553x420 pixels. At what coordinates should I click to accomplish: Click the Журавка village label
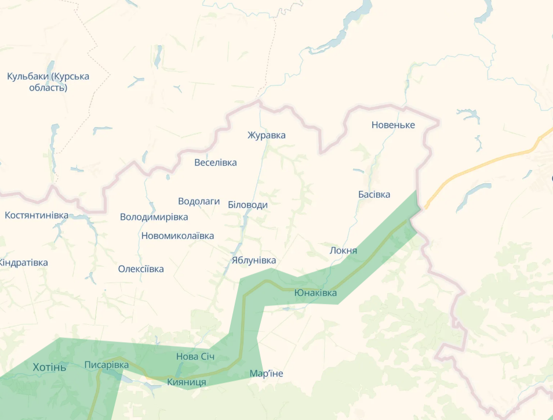pyautogui.click(x=266, y=135)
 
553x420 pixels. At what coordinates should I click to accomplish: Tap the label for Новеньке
pyautogui.click(x=393, y=125)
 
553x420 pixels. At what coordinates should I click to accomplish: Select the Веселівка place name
pyautogui.click(x=216, y=162)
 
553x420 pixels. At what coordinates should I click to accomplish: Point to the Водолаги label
pyautogui.click(x=199, y=201)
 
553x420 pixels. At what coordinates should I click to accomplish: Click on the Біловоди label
pyautogui.click(x=248, y=205)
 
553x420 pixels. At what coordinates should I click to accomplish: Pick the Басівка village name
pyautogui.click(x=374, y=194)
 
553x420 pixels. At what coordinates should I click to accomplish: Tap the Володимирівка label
pyautogui.click(x=154, y=217)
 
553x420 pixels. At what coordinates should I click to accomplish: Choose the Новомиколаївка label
pyautogui.click(x=177, y=236)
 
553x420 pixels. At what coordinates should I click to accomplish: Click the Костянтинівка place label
pyautogui.click(x=37, y=215)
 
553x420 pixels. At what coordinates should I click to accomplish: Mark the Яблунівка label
pyautogui.click(x=253, y=260)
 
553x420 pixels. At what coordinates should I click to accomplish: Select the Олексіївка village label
pyautogui.click(x=141, y=269)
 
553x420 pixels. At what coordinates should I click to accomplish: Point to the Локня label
pyautogui.click(x=343, y=251)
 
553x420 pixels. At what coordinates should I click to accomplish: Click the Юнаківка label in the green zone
pyautogui.click(x=315, y=292)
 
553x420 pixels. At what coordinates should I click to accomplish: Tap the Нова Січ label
pyautogui.click(x=195, y=356)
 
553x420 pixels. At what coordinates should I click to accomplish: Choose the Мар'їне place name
pyautogui.click(x=266, y=373)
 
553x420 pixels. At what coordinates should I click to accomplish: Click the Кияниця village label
pyautogui.click(x=186, y=382)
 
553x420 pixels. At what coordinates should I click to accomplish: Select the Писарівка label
pyautogui.click(x=107, y=365)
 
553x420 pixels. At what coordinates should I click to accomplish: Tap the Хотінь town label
pyautogui.click(x=50, y=367)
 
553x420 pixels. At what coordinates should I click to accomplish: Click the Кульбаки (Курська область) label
pyautogui.click(x=48, y=82)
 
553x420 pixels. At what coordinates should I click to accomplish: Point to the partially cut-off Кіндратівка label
pyautogui.click(x=23, y=262)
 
